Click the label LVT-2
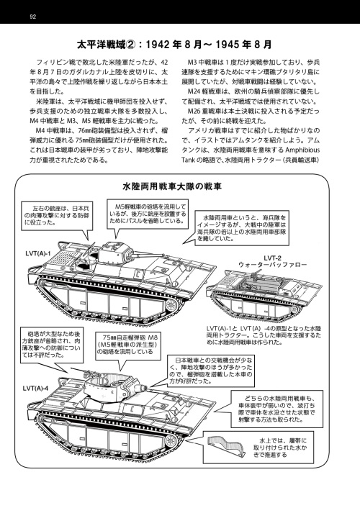(x=271, y=257)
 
